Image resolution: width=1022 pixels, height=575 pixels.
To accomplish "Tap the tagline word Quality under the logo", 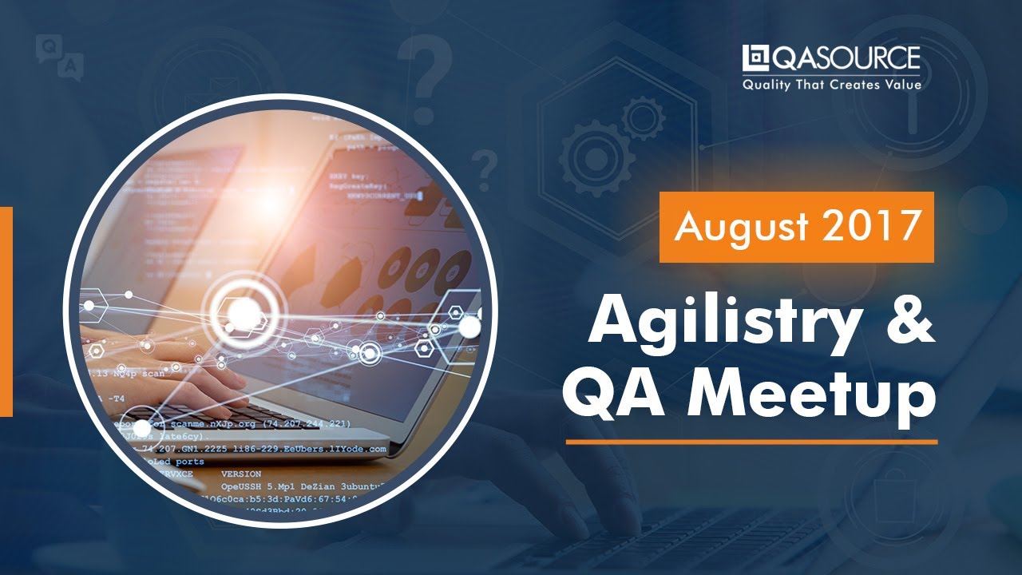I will [x=767, y=84].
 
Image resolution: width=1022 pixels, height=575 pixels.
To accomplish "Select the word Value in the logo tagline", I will [x=901, y=84].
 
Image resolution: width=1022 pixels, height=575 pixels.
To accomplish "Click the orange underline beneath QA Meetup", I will [x=751, y=441].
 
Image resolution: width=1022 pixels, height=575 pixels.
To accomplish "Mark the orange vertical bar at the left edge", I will [x=6, y=311].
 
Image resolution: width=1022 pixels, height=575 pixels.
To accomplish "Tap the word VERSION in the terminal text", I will [x=240, y=474].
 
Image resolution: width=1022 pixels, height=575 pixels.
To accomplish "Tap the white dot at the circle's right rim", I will [x=469, y=327].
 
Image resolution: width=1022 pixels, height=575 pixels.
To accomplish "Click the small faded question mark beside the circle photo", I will [x=482, y=168].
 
